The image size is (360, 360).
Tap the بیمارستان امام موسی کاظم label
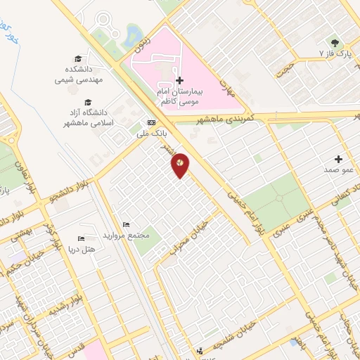(x=194, y=97)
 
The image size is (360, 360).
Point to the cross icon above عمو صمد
(x=339, y=159)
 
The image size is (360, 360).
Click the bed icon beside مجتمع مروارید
(x=125, y=224)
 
